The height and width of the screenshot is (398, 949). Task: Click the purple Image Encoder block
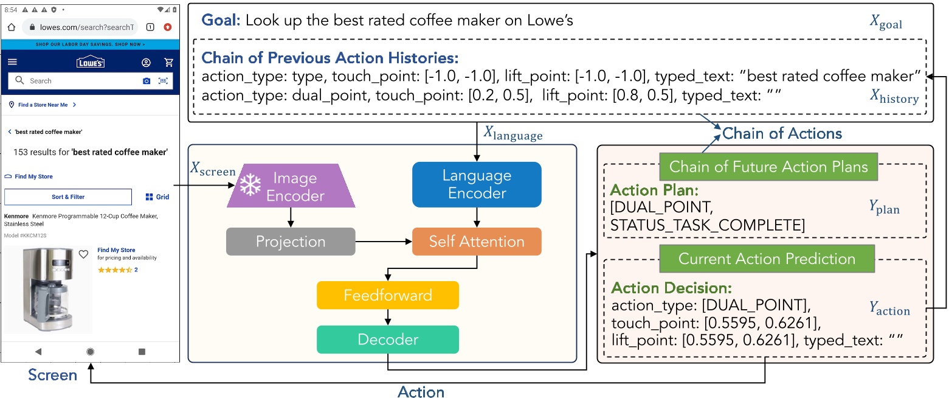291,186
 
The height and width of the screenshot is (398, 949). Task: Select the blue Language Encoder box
477,184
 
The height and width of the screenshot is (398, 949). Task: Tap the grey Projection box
291,242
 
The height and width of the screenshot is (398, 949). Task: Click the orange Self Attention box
477,242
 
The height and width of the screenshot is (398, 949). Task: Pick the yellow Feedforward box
387,296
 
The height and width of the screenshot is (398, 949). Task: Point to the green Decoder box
387,340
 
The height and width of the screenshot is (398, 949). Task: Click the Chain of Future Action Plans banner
768,167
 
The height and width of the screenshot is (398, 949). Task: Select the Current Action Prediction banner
767,259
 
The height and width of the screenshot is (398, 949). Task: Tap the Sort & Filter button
68,197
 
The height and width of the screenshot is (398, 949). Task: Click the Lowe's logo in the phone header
91,63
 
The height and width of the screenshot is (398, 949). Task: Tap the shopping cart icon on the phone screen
169,63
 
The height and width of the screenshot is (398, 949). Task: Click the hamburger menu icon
13,62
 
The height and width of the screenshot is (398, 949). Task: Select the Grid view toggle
157,197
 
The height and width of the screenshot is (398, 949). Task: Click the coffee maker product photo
47,288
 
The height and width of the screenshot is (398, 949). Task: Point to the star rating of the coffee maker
115,270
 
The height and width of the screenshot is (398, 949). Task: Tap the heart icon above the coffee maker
84,254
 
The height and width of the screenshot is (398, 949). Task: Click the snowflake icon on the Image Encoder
249,186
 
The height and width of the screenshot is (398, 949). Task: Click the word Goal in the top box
221,21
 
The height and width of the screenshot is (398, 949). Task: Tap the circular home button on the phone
91,351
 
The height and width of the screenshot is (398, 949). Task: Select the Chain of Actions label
782,133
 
